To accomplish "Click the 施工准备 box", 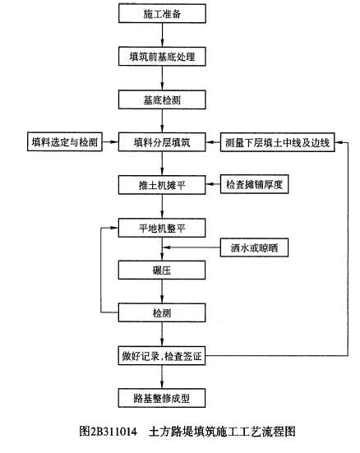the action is coord(162,13).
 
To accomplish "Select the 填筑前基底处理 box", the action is coord(162,57).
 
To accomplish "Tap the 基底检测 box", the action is coord(162,99).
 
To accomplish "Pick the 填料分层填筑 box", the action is coord(162,142).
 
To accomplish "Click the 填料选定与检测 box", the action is coord(65,141).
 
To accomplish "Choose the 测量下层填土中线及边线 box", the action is coord(277,142).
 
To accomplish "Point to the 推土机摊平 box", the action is coord(162,185).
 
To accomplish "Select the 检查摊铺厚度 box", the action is coord(254,184).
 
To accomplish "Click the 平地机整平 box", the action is coord(162,228).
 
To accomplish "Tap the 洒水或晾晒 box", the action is coord(254,247).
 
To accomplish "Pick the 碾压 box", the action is coord(162,270).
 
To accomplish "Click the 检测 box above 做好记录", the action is coord(162,312).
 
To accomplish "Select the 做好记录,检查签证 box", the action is coord(162,356).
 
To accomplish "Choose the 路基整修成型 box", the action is coord(162,398).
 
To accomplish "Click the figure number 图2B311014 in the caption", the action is coord(108,432).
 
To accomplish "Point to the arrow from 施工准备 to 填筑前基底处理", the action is coord(162,35).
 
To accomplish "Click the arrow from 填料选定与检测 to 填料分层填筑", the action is coord(110,142).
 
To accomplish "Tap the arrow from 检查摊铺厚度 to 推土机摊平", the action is coord(213,184).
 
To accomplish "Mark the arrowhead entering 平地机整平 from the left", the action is coord(115,228).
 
